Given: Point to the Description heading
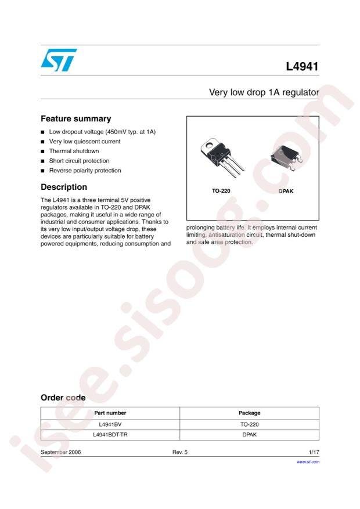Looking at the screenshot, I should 64,187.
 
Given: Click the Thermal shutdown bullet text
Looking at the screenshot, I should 74,151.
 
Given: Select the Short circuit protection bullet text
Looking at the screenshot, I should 79,161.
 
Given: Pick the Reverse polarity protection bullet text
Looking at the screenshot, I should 85,171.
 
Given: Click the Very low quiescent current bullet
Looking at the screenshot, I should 84,142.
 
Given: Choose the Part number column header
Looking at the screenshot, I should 110,413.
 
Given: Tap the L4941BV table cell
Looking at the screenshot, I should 110,424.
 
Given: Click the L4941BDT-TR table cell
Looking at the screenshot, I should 110,435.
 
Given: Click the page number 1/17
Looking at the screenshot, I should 313,452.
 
